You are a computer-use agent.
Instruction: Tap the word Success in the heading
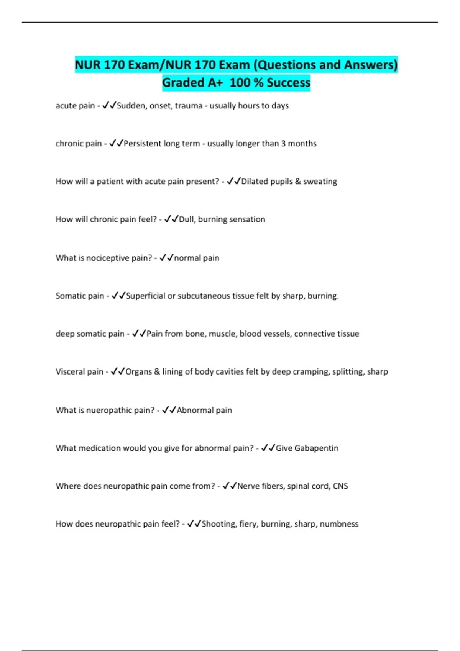tap(288, 82)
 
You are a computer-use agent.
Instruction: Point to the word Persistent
tap(141, 144)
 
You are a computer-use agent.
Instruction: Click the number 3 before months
tap(283, 144)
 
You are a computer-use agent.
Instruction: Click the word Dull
tap(186, 219)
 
